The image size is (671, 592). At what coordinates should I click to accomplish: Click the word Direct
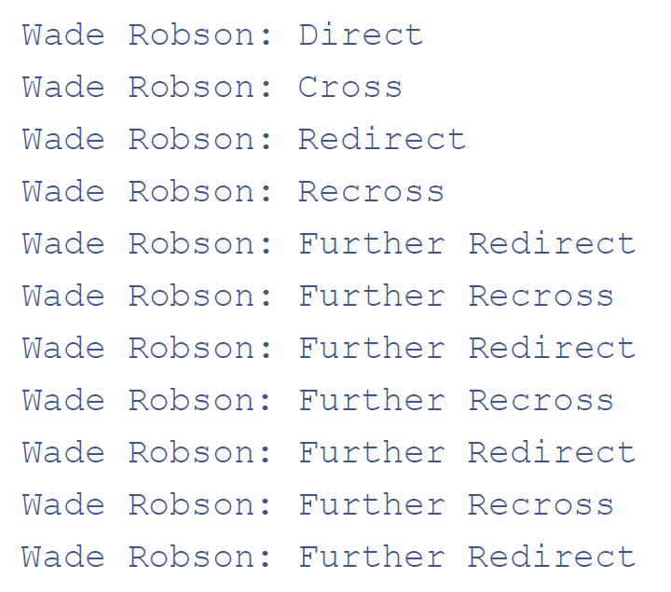[361, 34]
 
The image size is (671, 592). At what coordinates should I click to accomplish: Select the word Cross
[350, 87]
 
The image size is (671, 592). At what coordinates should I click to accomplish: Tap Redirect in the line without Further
[382, 139]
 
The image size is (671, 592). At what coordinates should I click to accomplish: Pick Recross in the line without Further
[371, 191]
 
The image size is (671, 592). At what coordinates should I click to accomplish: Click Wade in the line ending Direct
[63, 34]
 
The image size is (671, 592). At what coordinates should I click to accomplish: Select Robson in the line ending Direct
[191, 34]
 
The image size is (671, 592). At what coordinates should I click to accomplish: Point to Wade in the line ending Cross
[63, 87]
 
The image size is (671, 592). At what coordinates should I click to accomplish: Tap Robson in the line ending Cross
[191, 87]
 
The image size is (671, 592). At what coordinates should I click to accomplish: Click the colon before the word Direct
[266, 36]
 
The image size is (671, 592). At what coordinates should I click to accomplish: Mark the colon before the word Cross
[266, 89]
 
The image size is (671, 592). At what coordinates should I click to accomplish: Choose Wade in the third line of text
[63, 139]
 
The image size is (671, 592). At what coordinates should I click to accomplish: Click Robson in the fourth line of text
[191, 191]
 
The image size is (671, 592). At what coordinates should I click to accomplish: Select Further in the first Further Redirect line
[372, 243]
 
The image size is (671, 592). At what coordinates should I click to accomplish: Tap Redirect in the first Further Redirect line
[552, 243]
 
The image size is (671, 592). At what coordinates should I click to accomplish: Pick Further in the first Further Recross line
[372, 296]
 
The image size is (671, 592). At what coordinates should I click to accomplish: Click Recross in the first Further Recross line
[541, 296]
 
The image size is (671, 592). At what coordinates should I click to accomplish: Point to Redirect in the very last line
[552, 557]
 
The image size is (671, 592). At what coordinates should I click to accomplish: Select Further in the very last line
[372, 557]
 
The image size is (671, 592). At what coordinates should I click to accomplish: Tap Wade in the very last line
[63, 557]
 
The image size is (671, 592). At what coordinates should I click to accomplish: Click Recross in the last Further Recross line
[541, 504]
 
